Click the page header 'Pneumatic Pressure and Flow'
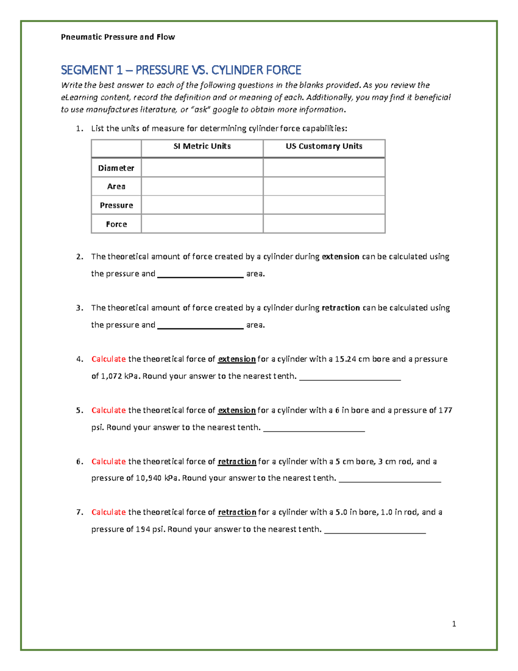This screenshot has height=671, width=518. pos(118,37)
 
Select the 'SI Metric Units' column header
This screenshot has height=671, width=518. pos(202,146)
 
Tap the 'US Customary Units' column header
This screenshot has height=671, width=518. pos(324,146)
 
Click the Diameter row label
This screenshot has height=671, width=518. pos(116,168)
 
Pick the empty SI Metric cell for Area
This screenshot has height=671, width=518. pos(202,187)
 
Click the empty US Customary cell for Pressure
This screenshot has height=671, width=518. pos(324,205)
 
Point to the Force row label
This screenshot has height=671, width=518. pos(116,224)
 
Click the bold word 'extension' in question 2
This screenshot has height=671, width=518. pos(341,257)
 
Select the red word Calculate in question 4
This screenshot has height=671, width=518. pos(108,359)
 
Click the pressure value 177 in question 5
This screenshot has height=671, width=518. pos(445,410)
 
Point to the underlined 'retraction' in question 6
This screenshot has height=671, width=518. pos(237,462)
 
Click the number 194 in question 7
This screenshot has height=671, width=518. pos(143,530)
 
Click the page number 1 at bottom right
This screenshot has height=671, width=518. pos(454,624)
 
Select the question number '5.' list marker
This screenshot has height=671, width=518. pos(79,410)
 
